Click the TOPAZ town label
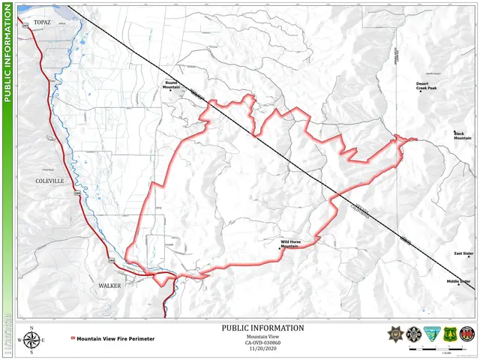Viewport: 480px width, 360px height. point(42,22)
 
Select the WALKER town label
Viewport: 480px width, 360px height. point(109,286)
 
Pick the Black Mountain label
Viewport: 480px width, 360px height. point(463,136)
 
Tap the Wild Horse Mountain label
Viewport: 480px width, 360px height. point(289,244)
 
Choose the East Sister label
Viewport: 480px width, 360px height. point(463,253)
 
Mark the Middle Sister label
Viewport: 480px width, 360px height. point(459,281)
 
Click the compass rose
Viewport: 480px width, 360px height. point(31,340)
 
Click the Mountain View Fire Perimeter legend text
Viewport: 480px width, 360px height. point(115,339)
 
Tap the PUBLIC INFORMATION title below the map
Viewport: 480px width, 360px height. point(263,328)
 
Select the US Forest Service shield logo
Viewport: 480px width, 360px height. point(450,334)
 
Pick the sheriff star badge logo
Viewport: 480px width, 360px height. point(395,334)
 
